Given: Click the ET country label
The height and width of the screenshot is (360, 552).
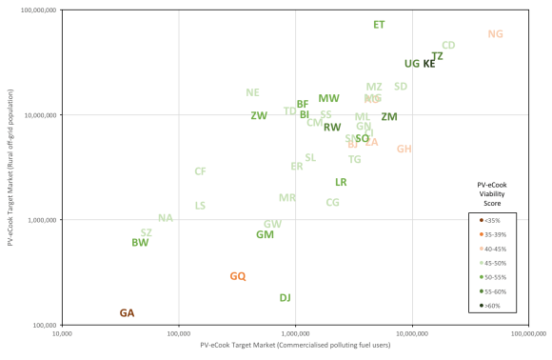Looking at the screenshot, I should [x=379, y=25].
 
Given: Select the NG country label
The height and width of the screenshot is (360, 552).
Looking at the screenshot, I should [x=495, y=34].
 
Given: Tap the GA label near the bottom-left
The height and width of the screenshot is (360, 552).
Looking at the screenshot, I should [x=127, y=313].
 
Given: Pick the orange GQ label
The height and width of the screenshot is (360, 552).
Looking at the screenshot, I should [x=238, y=276].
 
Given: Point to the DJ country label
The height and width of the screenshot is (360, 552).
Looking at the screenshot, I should [x=285, y=298].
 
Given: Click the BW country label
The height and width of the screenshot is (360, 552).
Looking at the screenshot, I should [x=140, y=243].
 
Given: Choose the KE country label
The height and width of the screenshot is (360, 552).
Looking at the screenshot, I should [x=429, y=64].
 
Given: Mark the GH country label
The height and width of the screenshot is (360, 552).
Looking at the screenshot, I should [x=404, y=150].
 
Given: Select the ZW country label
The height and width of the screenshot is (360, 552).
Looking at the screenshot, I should [x=259, y=116].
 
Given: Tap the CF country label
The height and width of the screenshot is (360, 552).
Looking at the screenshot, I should [x=200, y=171].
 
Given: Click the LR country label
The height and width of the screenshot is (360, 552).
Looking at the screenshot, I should [x=341, y=182].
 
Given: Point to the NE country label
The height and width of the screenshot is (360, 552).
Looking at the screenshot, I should [x=252, y=93].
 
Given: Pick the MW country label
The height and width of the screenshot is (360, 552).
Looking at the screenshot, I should [x=328, y=99].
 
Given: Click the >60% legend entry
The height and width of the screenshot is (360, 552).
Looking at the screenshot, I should [x=493, y=306].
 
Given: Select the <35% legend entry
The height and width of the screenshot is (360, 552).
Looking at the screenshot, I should [x=492, y=220].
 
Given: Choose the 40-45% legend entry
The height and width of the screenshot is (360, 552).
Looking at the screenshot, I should [x=494, y=249].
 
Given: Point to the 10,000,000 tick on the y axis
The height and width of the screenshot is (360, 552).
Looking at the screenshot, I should [x=40, y=115].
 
